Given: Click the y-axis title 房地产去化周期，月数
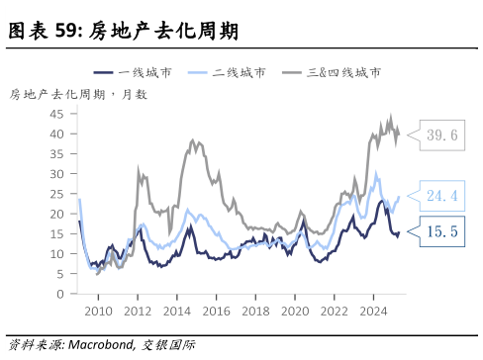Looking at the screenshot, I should (x=78, y=94).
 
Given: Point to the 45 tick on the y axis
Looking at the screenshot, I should (x=58, y=113).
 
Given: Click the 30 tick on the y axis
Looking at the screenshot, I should (x=58, y=173).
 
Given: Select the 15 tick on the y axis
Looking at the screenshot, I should (x=58, y=233).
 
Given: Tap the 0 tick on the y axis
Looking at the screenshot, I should (x=62, y=294).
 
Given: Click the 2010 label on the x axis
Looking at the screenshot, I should (x=98, y=312).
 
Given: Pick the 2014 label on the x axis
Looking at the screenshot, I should (x=176, y=312).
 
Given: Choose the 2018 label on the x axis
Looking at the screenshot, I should (x=255, y=312).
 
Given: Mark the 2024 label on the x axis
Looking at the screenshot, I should (x=373, y=312).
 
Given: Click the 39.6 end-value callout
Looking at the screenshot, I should (x=441, y=135).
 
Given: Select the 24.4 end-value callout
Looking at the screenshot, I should (x=441, y=196).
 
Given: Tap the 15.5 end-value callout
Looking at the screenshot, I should (x=441, y=231).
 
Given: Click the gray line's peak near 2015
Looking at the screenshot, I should (x=193, y=140).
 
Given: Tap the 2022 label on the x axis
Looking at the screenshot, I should (x=334, y=312).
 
